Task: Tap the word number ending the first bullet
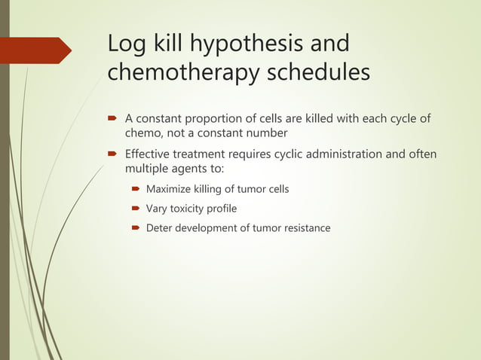(267, 133)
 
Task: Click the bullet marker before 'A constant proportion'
(111, 118)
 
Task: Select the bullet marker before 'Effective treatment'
(111, 155)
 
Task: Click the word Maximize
(170, 189)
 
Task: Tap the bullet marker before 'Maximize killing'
(136, 189)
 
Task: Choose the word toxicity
(191, 209)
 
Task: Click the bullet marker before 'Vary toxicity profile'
(136, 209)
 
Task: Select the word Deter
(159, 227)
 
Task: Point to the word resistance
(306, 227)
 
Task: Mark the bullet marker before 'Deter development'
(136, 227)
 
